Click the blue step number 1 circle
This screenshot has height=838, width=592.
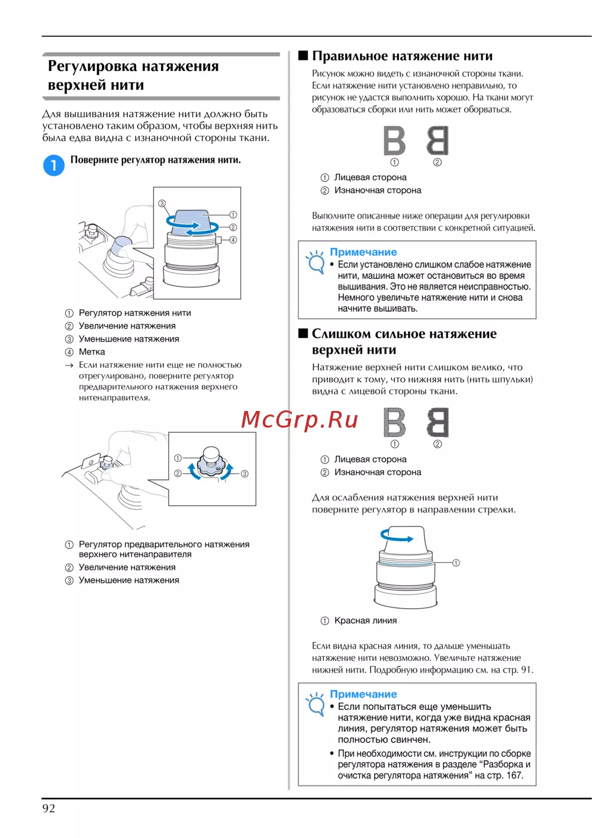pyautogui.click(x=53, y=165)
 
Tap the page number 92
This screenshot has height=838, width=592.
pyautogui.click(x=49, y=808)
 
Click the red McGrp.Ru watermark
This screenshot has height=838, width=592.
pyautogui.click(x=300, y=419)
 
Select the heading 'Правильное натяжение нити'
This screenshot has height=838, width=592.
pyautogui.click(x=402, y=56)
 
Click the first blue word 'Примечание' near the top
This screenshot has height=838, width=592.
pyautogui.click(x=363, y=252)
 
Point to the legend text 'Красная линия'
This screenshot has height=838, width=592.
pyautogui.click(x=365, y=621)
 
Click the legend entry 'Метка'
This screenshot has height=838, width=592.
pyautogui.click(x=92, y=352)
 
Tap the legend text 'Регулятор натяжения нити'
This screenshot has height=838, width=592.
pyautogui.click(x=134, y=313)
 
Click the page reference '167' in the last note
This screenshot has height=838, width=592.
pyautogui.click(x=514, y=775)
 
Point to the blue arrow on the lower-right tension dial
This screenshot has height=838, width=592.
pyautogui.click(x=397, y=537)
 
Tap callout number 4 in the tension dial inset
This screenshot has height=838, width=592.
pyautogui.click(x=233, y=240)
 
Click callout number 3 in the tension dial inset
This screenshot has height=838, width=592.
pyautogui.click(x=162, y=203)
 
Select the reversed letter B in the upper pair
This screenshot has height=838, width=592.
pyautogui.click(x=437, y=140)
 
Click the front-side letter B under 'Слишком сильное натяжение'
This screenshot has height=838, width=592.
pyautogui.click(x=394, y=422)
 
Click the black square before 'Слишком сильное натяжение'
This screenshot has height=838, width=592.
pyautogui.click(x=303, y=333)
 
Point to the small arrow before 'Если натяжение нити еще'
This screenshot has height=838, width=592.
pyautogui.click(x=69, y=365)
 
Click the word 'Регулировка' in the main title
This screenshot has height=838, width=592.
pyautogui.click(x=93, y=66)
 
